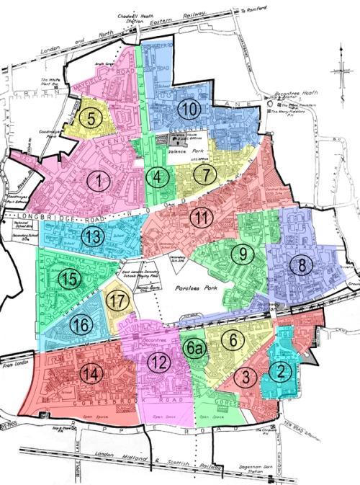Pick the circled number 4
pos(159,175)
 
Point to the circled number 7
pos(206,174)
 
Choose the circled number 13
pos(91,236)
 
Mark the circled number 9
pos(243,254)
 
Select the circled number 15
pos(69,280)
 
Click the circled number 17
pos(117,301)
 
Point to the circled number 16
pos(81,326)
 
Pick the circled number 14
pos(90,373)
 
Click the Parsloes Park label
pos(197,288)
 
